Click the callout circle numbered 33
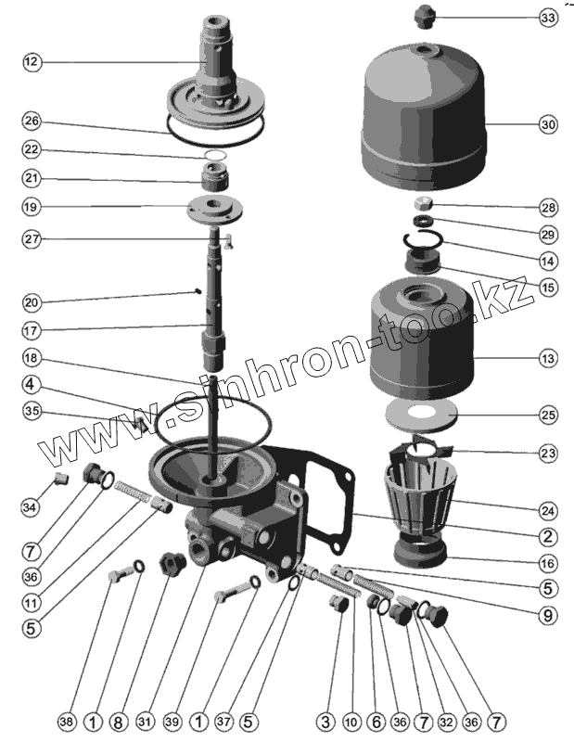point(548,18)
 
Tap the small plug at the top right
point(424,17)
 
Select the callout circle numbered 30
point(548,124)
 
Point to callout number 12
point(32,62)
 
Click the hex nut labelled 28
point(422,204)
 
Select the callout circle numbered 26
point(32,122)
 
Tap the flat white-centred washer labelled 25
point(421,415)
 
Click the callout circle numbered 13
point(548,358)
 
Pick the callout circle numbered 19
point(32,207)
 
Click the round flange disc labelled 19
point(214,209)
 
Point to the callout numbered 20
point(32,302)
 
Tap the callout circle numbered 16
point(547,563)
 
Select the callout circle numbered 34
point(30,507)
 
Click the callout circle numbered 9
point(547,615)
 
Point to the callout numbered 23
point(548,454)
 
